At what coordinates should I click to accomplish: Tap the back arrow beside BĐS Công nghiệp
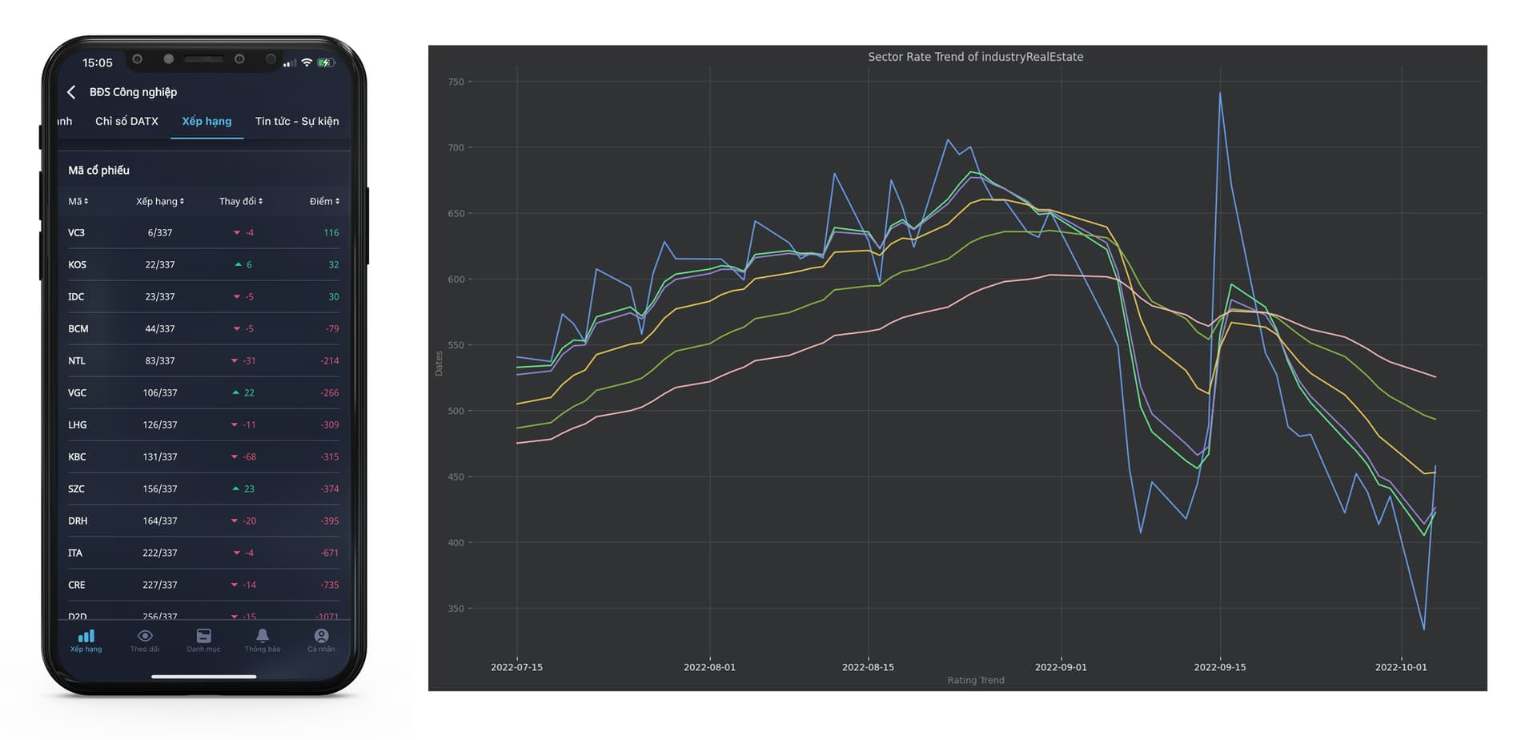coord(71,92)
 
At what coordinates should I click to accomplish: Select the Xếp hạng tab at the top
coord(207,121)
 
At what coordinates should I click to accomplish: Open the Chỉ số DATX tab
coord(126,121)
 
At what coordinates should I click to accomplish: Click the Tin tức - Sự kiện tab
coord(297,121)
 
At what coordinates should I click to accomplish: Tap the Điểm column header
coord(324,201)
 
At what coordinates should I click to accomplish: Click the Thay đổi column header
coord(240,201)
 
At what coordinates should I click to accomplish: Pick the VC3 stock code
coord(76,233)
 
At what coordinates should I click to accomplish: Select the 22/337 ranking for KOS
coord(160,265)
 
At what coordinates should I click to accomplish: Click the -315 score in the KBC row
coord(330,457)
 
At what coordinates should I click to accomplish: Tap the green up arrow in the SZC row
coord(235,489)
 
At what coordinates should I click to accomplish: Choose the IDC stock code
coord(76,297)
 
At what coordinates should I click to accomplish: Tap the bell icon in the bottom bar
coord(262,636)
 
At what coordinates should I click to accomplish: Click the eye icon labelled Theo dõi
coord(145,636)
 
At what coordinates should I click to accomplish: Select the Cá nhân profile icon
coord(321,636)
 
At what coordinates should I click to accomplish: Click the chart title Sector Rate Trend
coord(975,57)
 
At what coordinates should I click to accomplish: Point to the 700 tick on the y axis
coord(455,147)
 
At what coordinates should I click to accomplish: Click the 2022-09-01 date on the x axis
coord(1061,667)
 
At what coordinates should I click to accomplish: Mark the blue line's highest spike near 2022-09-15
coord(1220,94)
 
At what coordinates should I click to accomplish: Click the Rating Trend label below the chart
coord(975,680)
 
